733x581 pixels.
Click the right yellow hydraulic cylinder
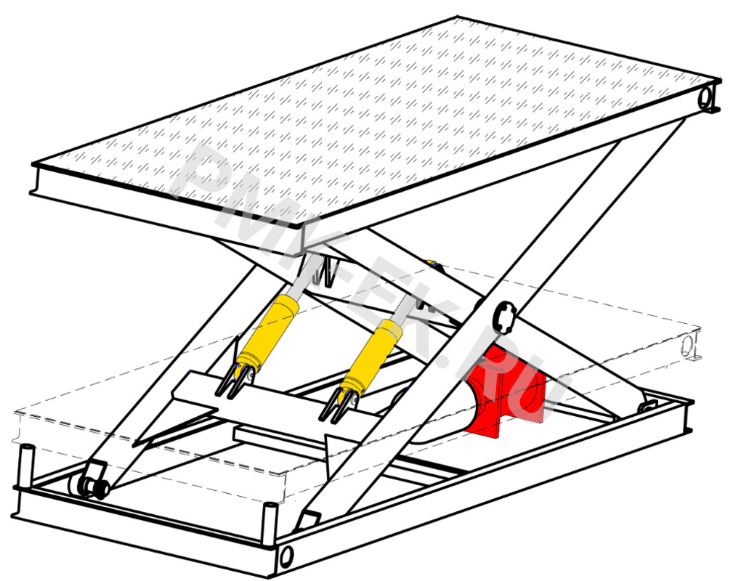[372, 355]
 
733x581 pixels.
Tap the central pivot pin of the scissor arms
[504, 317]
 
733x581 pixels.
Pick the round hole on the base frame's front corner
[286, 556]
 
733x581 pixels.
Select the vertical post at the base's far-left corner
[26, 467]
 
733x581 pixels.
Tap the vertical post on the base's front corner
[270, 523]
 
